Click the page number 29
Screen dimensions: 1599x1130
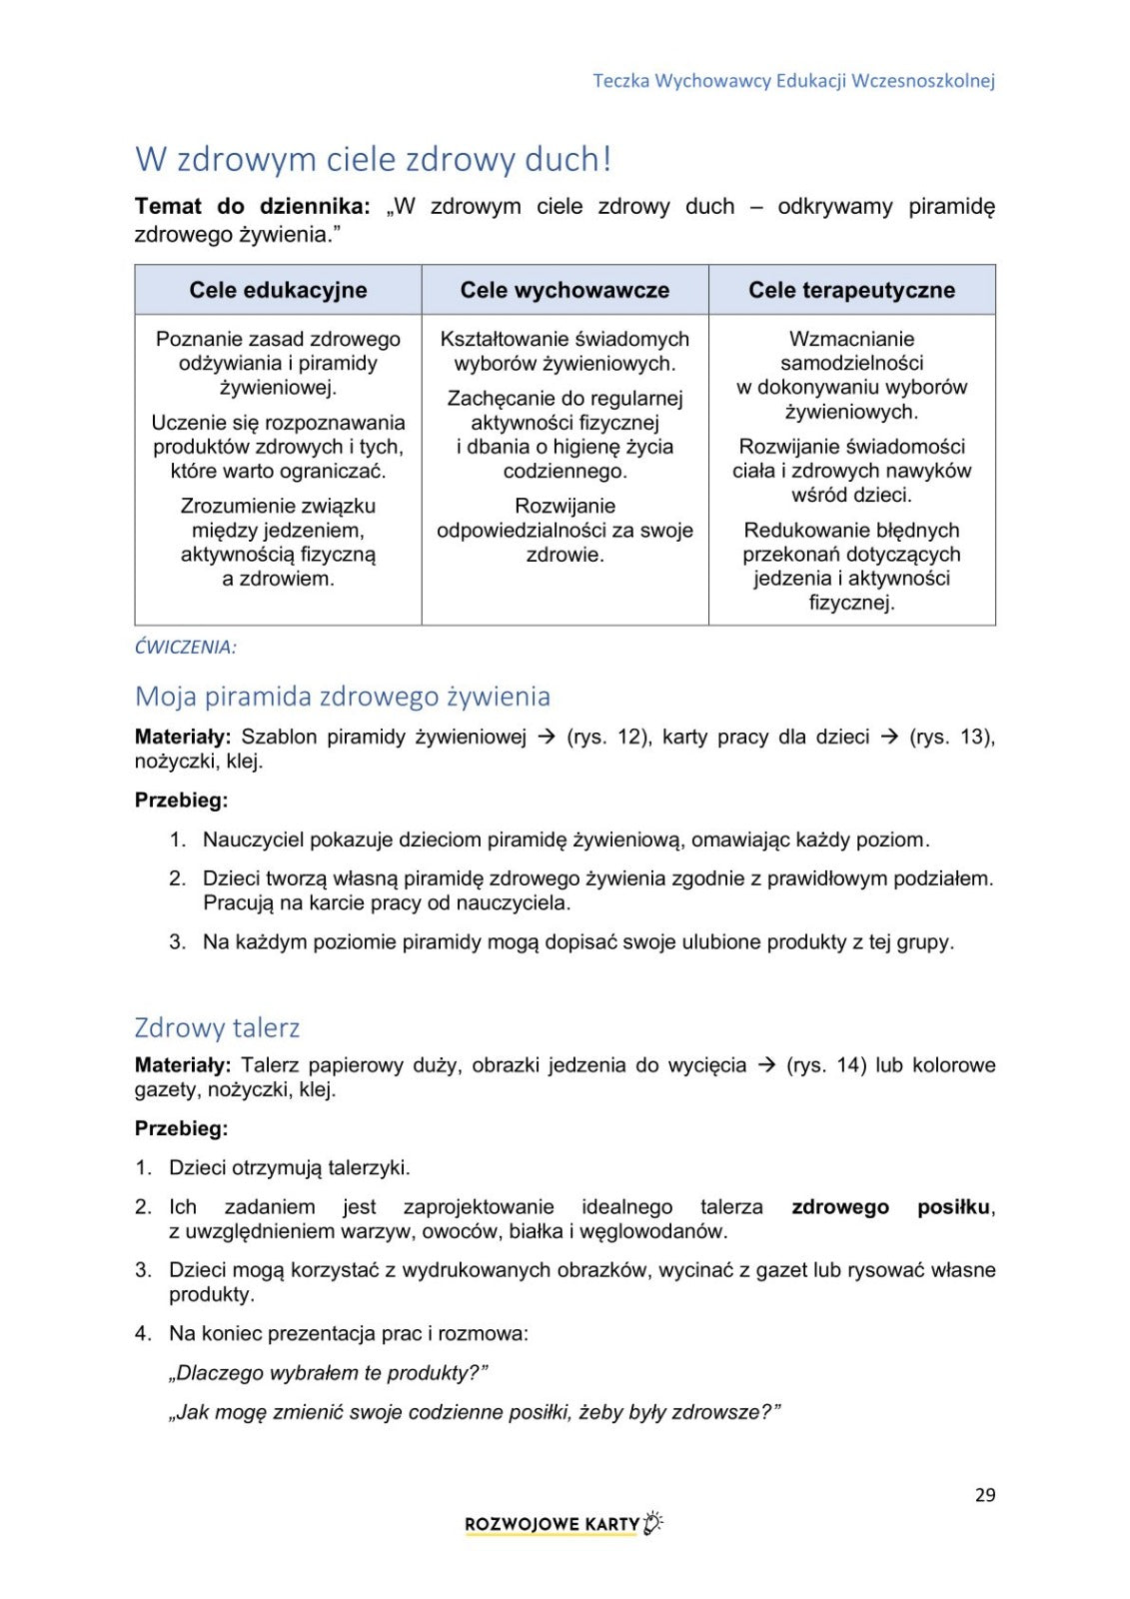click(984, 1494)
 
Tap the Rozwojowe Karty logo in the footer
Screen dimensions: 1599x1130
click(564, 1524)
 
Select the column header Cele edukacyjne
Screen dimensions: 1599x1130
click(278, 290)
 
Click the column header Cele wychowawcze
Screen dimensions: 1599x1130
click(565, 290)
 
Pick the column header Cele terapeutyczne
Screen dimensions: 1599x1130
click(851, 290)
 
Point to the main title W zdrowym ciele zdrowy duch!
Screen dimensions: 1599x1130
click(373, 159)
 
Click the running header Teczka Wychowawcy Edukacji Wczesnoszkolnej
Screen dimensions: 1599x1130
click(793, 81)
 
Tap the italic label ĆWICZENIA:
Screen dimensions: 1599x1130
click(186, 647)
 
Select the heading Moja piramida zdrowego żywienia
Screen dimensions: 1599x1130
click(342, 696)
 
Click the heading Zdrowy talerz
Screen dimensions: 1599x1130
click(217, 1027)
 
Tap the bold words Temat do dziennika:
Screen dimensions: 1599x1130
click(252, 206)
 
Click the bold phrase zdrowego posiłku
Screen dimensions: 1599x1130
click(892, 1206)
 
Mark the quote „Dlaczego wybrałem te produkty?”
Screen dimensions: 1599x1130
click(328, 1373)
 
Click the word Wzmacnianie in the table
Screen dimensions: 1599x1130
click(851, 339)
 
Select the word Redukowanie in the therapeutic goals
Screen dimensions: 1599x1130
click(801, 530)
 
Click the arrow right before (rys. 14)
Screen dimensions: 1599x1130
click(766, 1065)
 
